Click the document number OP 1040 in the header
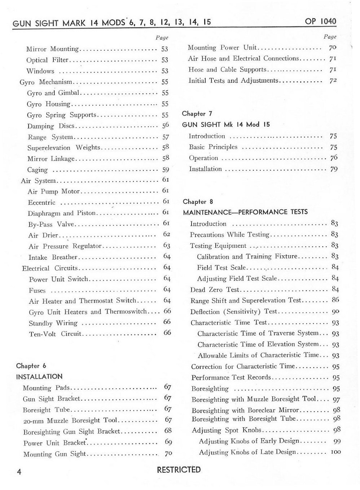pyautogui.click(x=320, y=21)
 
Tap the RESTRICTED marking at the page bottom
pyautogui.click(x=179, y=469)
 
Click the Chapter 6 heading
pyautogui.click(x=31, y=366)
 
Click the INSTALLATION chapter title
pyautogui.click(x=39, y=376)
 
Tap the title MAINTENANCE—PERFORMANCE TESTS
pyautogui.click(x=245, y=212)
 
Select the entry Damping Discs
pyautogui.click(x=51, y=126)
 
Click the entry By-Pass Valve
pyautogui.click(x=51, y=224)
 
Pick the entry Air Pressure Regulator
pyautogui.click(x=65, y=246)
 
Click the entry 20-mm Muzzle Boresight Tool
pyautogui.click(x=70, y=420)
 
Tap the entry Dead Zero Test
pyautogui.click(x=215, y=290)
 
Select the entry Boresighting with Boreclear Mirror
pyautogui.click(x=245, y=410)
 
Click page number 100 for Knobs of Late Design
pyautogui.click(x=335, y=452)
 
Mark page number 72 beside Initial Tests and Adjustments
pyautogui.click(x=333, y=80)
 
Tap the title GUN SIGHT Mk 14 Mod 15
pyautogui.click(x=226, y=125)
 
